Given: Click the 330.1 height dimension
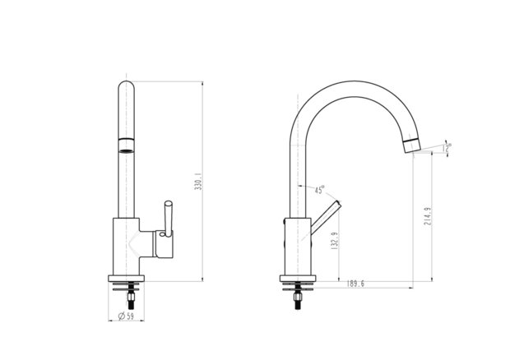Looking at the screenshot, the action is click(x=199, y=182).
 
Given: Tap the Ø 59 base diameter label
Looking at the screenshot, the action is click(x=126, y=316).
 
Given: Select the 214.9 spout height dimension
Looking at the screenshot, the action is click(x=428, y=216).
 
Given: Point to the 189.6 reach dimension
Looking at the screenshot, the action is click(x=355, y=284).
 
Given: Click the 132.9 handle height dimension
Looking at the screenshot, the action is click(x=334, y=241).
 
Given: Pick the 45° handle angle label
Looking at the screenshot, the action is click(x=320, y=190).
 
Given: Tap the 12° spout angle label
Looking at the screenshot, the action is click(x=447, y=148).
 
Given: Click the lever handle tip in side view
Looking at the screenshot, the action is click(x=339, y=203).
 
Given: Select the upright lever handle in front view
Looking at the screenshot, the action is click(x=168, y=219).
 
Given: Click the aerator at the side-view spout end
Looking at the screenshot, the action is click(x=412, y=145).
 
